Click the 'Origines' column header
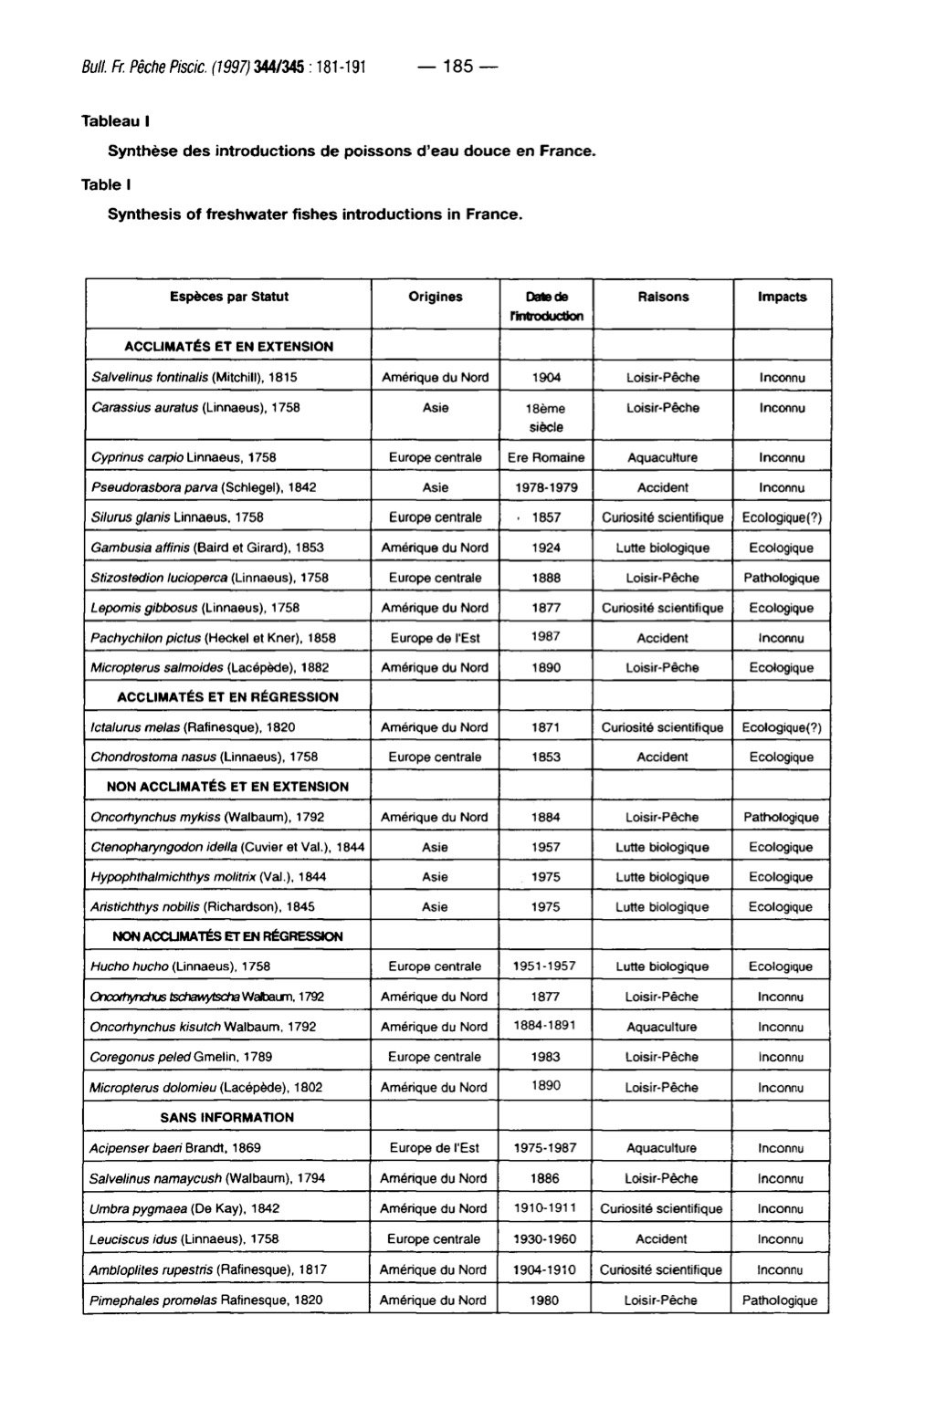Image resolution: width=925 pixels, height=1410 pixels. [x=435, y=297]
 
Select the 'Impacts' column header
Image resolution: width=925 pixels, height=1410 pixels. [x=782, y=297]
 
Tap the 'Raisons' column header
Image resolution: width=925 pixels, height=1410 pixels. [x=663, y=297]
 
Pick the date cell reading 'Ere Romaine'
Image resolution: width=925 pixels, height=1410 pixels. [x=546, y=457]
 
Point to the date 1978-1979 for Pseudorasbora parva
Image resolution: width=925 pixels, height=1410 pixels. [x=546, y=487]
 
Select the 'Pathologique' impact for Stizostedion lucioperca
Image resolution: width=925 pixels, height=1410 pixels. [x=782, y=578]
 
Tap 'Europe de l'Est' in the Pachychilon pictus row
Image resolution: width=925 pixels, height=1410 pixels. [x=435, y=638]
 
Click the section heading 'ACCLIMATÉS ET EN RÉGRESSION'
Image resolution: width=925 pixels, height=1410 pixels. [x=228, y=697]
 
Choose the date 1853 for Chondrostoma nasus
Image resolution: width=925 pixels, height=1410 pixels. [x=546, y=757]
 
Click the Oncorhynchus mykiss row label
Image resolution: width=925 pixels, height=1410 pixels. [x=207, y=817]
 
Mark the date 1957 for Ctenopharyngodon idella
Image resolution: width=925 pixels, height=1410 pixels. [x=546, y=847]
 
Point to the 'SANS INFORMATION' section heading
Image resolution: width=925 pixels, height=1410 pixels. [x=227, y=1117]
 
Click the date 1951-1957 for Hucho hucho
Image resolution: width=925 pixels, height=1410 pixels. [x=546, y=966]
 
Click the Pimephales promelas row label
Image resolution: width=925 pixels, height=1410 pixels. [x=205, y=1300]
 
